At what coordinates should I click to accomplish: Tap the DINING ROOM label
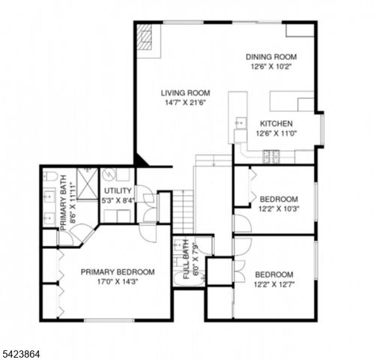pos(273,56)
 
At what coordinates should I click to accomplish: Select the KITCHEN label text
pos(276,124)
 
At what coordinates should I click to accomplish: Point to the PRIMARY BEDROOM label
pos(118,271)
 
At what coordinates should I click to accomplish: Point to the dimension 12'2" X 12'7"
pos(273,284)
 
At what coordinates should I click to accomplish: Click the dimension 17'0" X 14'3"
pos(118,282)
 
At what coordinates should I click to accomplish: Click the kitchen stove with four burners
pos(272,157)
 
